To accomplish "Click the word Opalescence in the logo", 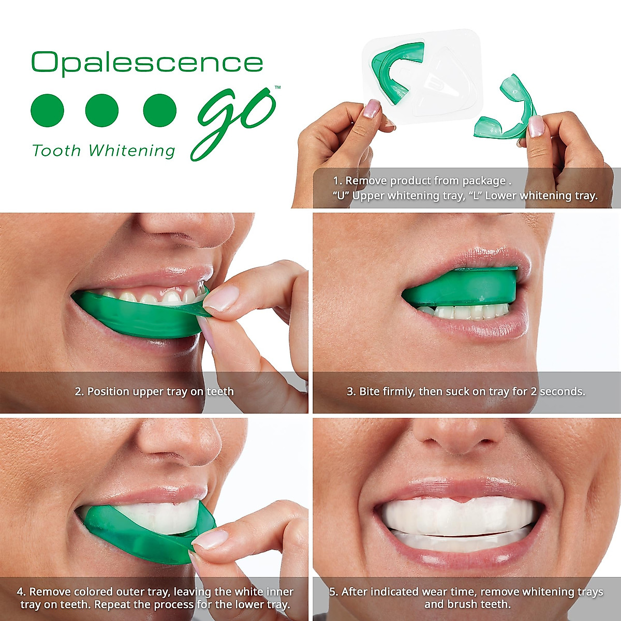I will point(147,63).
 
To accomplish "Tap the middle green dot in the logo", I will point(102,110).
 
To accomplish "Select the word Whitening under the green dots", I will point(132,151).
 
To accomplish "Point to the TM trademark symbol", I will point(277,87).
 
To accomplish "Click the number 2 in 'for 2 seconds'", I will point(533,392).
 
